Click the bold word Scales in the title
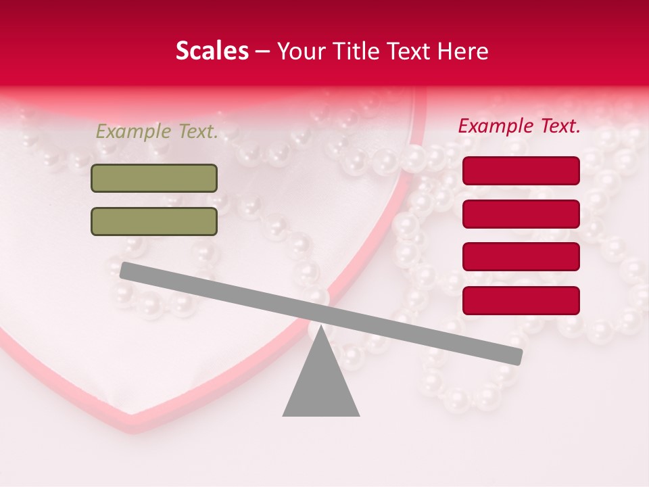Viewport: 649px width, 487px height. pos(212,51)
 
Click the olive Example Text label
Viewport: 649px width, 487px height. pos(157,132)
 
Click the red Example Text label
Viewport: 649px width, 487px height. pos(519,126)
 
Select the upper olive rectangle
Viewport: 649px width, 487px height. pos(154,178)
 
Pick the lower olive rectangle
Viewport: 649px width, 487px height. pos(154,221)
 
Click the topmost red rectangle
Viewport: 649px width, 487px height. pos(521,170)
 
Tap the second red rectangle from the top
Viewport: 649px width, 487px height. pos(521,214)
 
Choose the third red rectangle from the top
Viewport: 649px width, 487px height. pos(521,257)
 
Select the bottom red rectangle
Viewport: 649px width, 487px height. pos(521,300)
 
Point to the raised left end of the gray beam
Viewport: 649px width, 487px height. pos(126,271)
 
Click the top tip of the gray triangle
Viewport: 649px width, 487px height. pos(321,327)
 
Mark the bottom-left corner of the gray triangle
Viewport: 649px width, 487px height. pos(284,415)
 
